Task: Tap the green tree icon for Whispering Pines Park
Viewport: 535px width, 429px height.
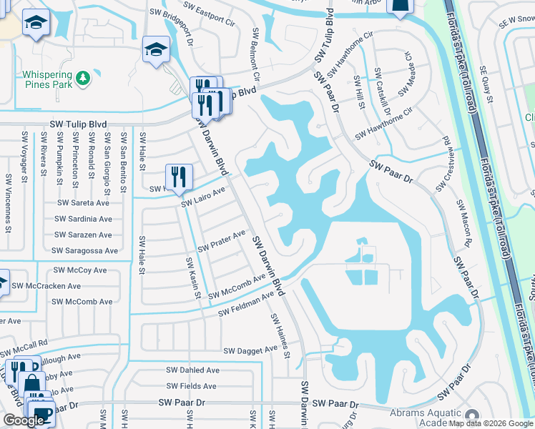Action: click(x=83, y=76)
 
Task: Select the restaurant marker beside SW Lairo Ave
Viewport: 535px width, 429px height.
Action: click(x=178, y=177)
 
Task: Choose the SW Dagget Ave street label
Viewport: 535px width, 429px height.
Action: click(x=250, y=351)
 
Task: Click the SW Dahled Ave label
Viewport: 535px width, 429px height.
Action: click(x=192, y=370)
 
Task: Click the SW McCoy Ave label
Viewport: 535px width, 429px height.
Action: click(x=80, y=270)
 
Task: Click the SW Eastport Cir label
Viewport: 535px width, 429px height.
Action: click(x=212, y=17)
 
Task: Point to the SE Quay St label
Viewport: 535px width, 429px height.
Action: click(x=487, y=84)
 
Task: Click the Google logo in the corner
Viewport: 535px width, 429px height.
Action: click(x=24, y=420)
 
